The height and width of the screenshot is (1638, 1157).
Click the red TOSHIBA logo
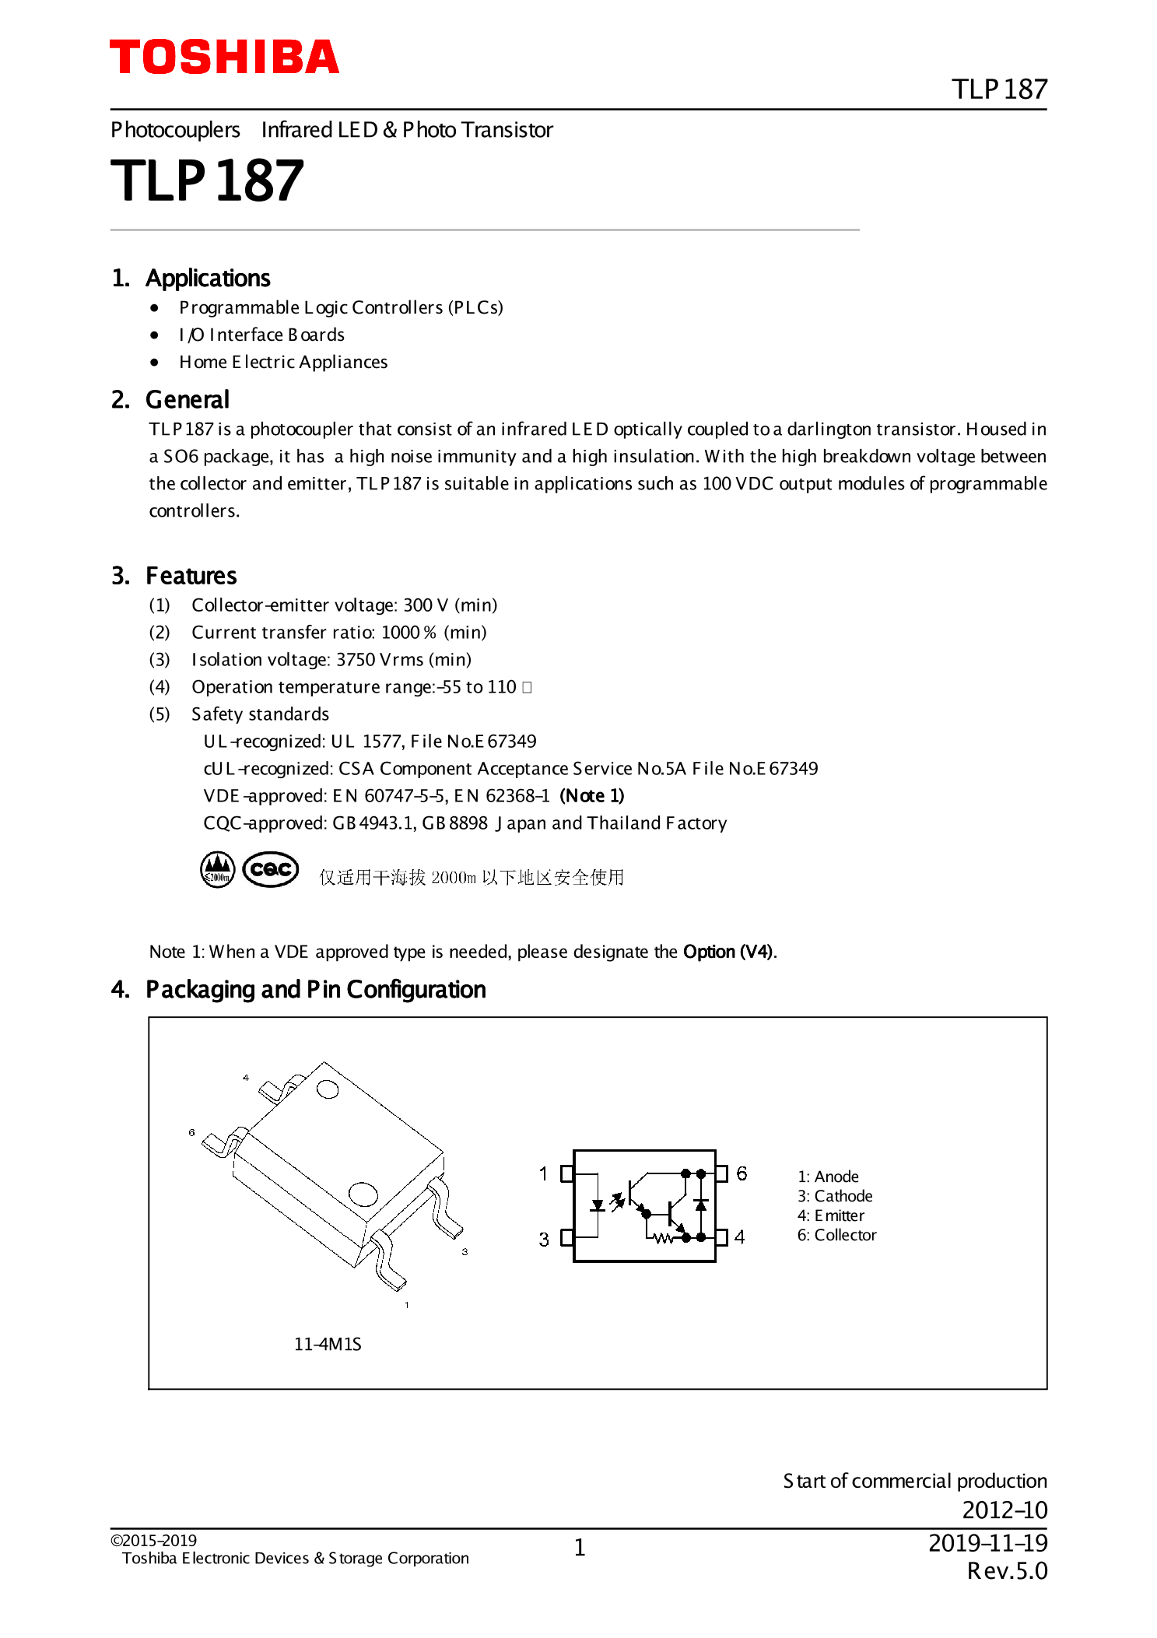click(224, 58)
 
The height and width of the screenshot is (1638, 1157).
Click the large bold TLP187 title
click(207, 181)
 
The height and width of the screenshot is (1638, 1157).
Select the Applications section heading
click(207, 278)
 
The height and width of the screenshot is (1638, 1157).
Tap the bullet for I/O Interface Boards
click(155, 335)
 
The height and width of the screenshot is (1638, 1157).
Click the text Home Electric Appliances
click(283, 362)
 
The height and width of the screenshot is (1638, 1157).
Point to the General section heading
click(187, 399)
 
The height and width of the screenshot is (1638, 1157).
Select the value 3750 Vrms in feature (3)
click(380, 659)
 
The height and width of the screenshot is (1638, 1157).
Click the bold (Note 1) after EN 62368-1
click(591, 795)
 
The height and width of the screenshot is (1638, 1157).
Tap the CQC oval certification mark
click(271, 869)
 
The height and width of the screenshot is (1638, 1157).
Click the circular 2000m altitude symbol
click(218, 869)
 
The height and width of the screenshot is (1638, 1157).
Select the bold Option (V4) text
click(728, 952)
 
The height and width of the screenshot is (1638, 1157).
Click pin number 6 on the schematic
click(742, 1173)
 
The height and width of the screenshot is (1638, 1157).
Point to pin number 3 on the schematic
click(544, 1239)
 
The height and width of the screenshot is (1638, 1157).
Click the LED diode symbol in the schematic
click(598, 1205)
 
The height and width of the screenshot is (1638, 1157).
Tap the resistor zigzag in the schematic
click(662, 1238)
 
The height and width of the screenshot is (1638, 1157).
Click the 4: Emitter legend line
click(830, 1215)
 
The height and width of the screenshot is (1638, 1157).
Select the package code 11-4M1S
click(328, 1344)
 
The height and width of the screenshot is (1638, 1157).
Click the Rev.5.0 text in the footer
click(1007, 1571)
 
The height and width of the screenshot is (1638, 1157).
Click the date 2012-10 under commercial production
click(1004, 1510)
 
